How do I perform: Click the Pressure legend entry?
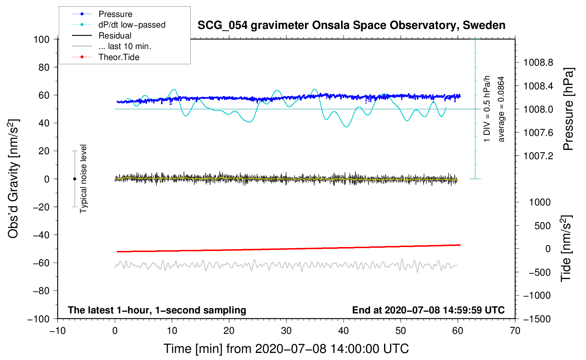click(115, 14)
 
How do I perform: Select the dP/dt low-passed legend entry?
click(132, 25)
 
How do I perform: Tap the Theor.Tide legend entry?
click(119, 57)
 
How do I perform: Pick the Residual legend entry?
click(115, 36)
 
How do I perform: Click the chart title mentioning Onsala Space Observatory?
click(351, 25)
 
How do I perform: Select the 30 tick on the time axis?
click(286, 331)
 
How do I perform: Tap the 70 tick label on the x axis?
click(515, 331)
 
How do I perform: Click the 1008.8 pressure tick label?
click(538, 63)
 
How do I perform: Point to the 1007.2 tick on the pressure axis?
click(538, 156)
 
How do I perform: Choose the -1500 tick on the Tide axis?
click(537, 319)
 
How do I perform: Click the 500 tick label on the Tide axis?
click(542, 226)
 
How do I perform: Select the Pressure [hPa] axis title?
click(568, 109)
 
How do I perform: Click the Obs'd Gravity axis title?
click(13, 179)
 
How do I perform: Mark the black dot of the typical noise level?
click(74, 179)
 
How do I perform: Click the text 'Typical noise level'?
click(83, 179)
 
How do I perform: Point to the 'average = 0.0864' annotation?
click(501, 109)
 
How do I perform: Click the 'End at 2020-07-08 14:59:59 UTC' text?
click(428, 310)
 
